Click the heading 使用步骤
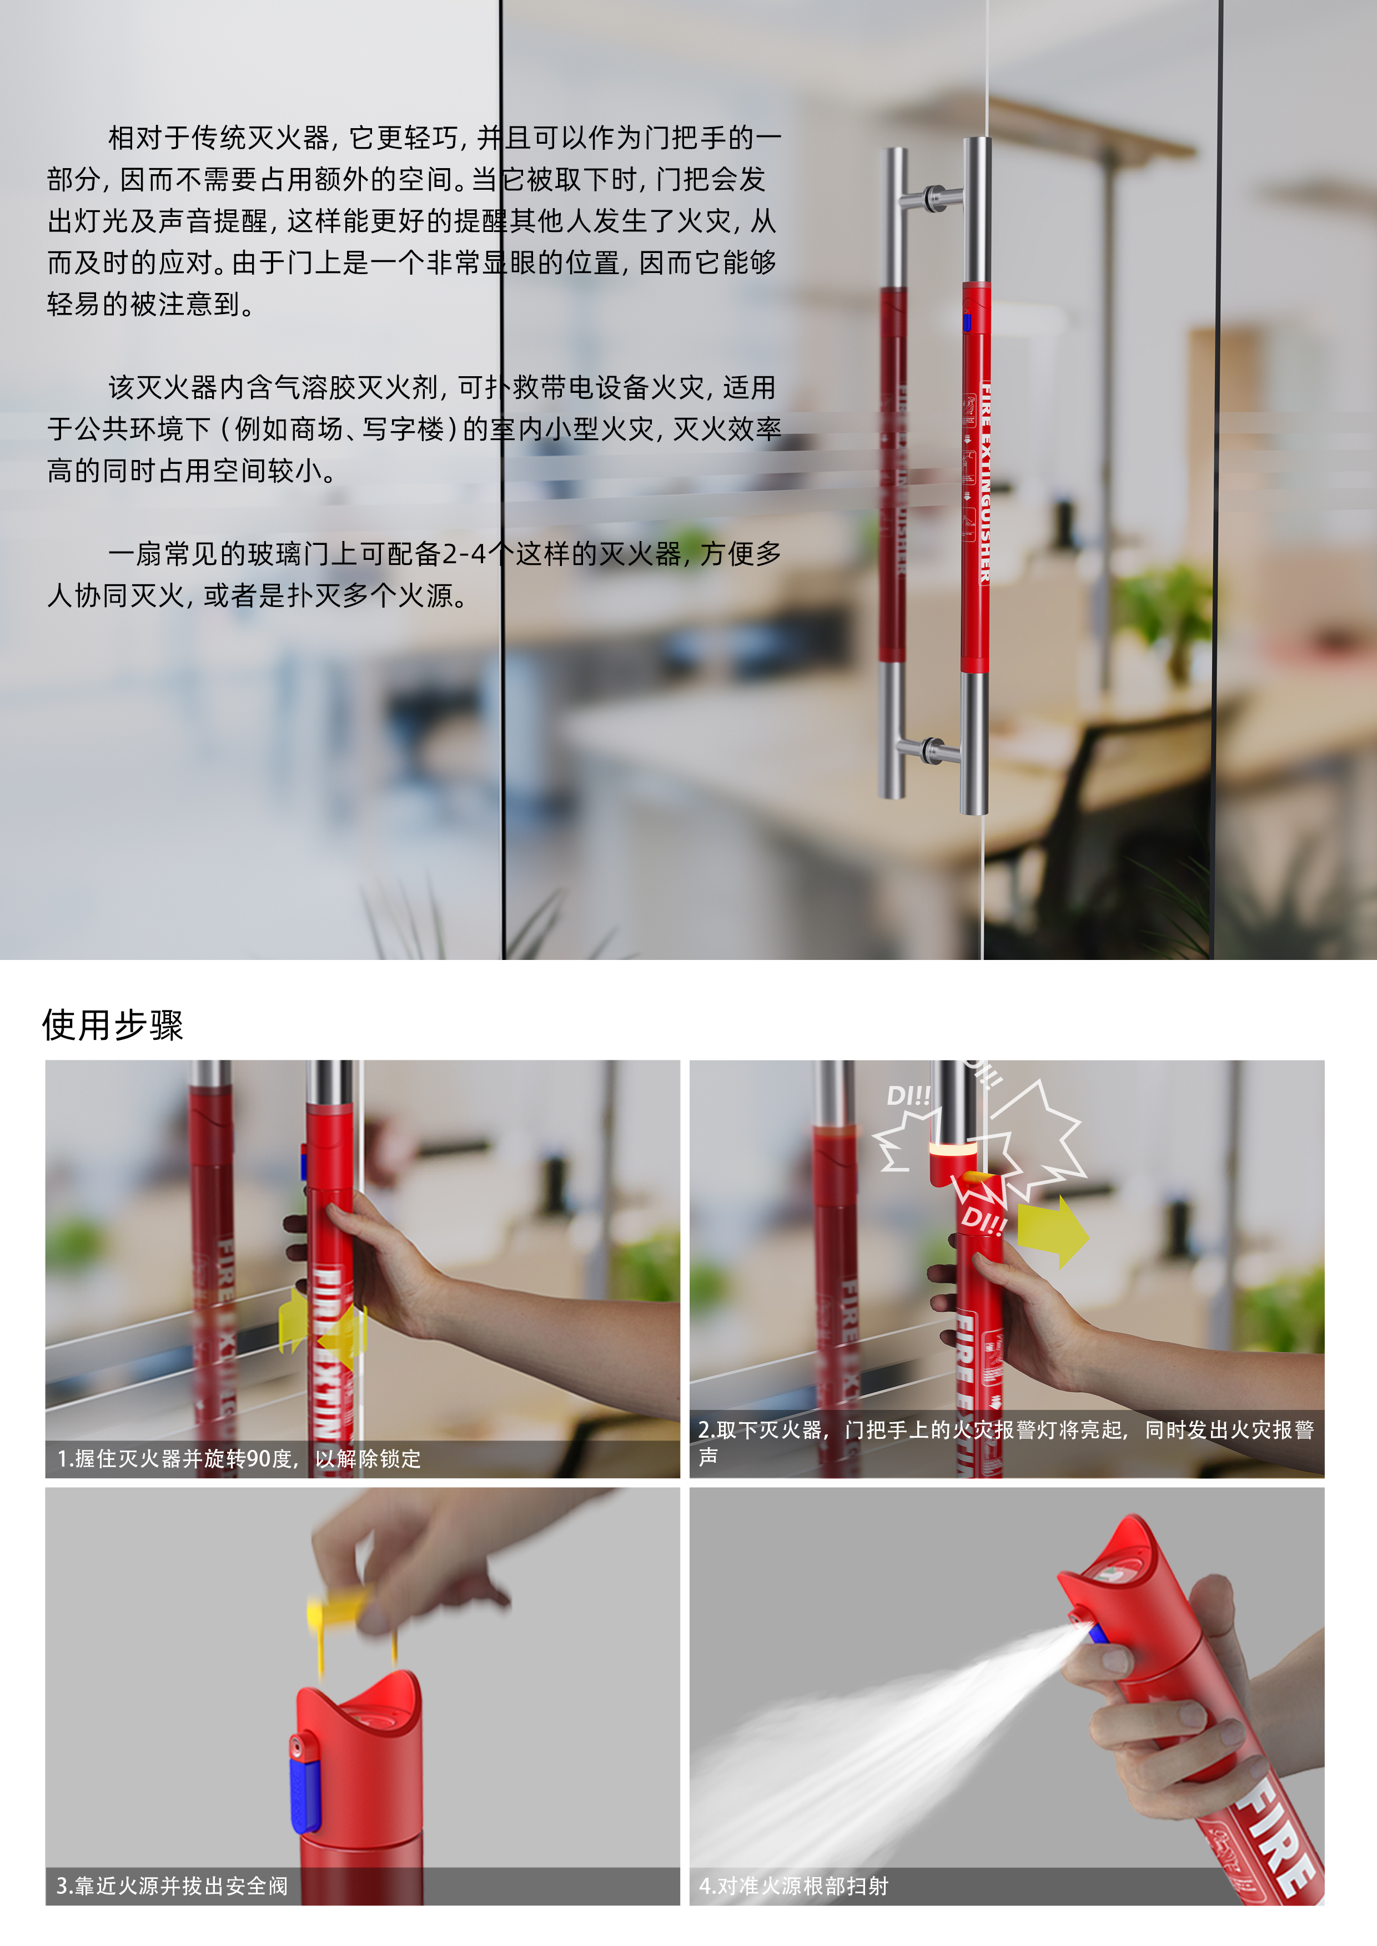click(113, 1025)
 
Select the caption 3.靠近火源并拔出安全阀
click(172, 1886)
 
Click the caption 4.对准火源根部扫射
click(793, 1886)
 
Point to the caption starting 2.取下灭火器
click(1005, 1431)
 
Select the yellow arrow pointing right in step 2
click(1052, 1231)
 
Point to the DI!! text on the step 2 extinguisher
click(983, 1221)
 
